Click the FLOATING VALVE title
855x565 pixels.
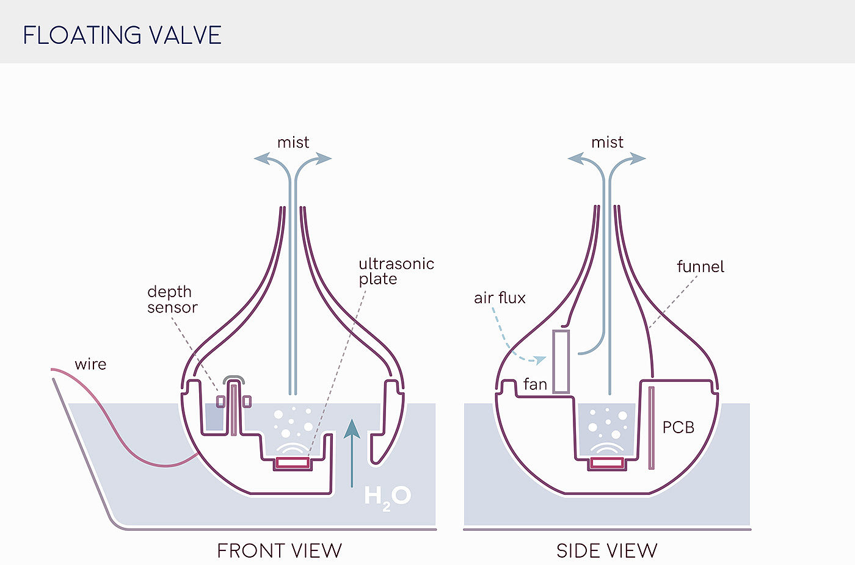(x=122, y=35)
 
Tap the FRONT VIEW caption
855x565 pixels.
(x=279, y=550)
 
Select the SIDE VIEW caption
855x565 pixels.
(x=606, y=550)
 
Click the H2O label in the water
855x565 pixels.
(x=387, y=495)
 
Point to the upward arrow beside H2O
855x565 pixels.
(x=351, y=452)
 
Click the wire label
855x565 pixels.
(x=90, y=364)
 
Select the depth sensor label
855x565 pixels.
(x=172, y=299)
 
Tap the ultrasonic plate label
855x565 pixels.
(x=396, y=271)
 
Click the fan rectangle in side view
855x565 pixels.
(x=561, y=361)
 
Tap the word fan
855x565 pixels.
(x=535, y=384)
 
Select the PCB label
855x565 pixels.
(x=679, y=427)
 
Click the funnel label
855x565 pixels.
(x=700, y=266)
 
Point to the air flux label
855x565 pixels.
(x=500, y=298)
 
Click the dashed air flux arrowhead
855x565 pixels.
(x=540, y=359)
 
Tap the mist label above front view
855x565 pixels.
(x=293, y=142)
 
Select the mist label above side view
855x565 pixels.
(x=607, y=142)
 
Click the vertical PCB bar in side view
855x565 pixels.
(x=651, y=427)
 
